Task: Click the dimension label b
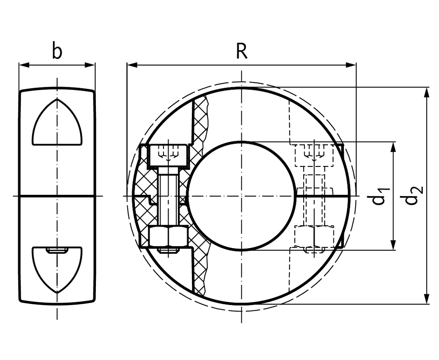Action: coord(57,50)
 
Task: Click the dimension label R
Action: coord(242,51)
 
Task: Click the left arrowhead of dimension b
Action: coord(24,65)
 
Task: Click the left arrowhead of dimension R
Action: coord(132,65)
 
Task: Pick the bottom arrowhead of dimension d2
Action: coord(426,299)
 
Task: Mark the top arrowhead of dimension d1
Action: coord(394,147)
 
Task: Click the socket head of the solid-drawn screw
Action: coord(169,155)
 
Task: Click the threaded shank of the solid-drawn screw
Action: coord(169,196)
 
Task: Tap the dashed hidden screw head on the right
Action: coord(314,155)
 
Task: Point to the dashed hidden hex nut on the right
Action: coord(314,237)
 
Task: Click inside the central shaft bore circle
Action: coord(242,196)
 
